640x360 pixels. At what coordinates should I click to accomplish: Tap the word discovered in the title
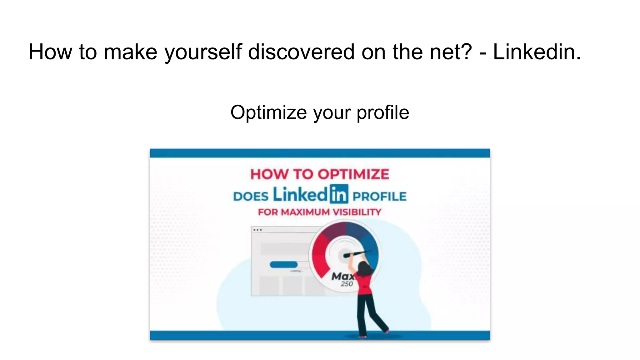(301, 52)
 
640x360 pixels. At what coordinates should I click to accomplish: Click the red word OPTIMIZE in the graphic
(353, 174)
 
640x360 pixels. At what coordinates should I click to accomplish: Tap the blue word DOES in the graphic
(251, 197)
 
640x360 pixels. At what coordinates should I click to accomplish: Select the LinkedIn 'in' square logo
(338, 194)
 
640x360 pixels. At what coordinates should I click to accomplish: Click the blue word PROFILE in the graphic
(379, 197)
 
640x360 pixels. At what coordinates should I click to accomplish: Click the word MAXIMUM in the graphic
(305, 212)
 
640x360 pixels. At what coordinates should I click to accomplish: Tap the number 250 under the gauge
(347, 284)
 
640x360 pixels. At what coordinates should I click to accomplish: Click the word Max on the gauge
(342, 276)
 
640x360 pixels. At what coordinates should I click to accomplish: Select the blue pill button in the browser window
(283, 265)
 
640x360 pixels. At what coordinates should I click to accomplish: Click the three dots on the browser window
(257, 230)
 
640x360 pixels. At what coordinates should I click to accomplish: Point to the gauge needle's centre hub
(345, 255)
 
